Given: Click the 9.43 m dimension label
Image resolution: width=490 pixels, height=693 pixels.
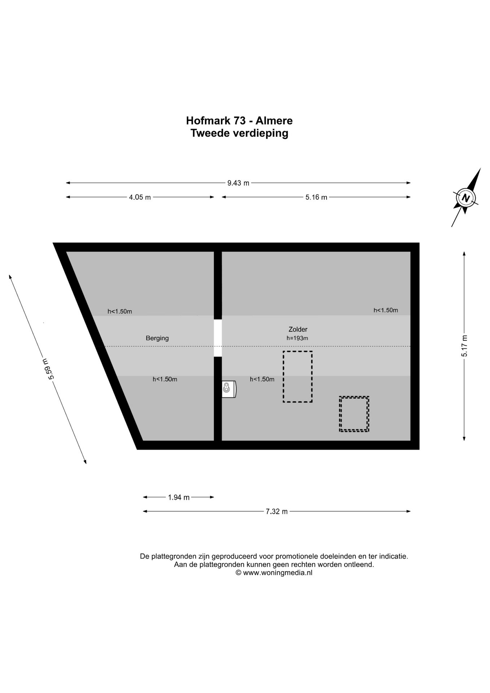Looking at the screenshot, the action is (x=238, y=183).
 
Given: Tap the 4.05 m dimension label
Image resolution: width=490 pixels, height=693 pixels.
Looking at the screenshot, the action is (x=140, y=197).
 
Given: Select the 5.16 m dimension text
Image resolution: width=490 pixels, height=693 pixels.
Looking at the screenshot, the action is (x=316, y=197).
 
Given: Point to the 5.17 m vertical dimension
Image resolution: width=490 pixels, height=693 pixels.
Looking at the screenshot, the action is (x=464, y=346).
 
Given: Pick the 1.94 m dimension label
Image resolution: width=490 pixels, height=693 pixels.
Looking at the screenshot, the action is (x=179, y=497).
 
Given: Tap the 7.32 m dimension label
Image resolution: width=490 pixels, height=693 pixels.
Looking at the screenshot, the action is (x=277, y=511).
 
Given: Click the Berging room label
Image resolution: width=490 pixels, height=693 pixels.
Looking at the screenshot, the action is (x=157, y=338).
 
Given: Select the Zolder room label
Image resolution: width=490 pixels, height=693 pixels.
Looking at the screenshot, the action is (x=298, y=329).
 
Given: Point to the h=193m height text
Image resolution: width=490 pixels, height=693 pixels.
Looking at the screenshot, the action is (x=297, y=338).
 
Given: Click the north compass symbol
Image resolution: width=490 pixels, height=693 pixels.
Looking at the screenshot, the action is (x=466, y=197).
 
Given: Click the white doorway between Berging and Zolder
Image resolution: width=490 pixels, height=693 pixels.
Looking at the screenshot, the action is (x=218, y=338).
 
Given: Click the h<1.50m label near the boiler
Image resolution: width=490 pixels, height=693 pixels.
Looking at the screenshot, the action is (x=262, y=379).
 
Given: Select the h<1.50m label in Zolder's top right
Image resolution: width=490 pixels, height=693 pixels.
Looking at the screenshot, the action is (x=386, y=310).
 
